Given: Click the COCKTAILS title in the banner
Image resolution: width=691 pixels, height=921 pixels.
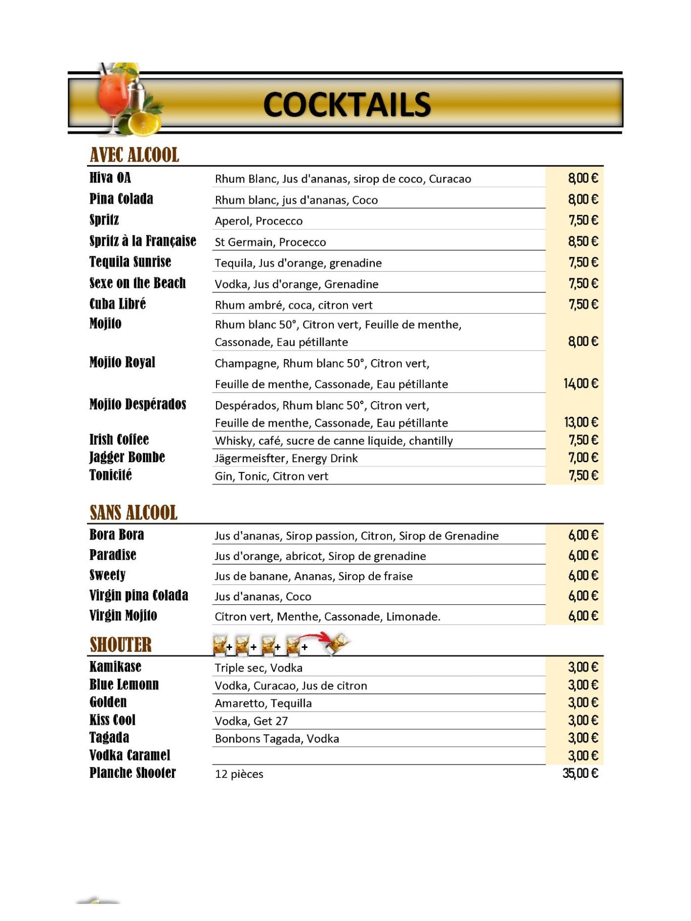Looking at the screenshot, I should click(347, 105).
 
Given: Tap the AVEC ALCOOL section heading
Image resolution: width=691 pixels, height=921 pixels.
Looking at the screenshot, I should click(134, 155).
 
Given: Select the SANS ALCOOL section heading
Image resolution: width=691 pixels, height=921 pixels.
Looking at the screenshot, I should click(134, 512).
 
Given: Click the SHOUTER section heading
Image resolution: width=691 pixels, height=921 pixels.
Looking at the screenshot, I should click(120, 645).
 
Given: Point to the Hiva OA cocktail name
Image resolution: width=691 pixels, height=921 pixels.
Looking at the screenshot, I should click(110, 178).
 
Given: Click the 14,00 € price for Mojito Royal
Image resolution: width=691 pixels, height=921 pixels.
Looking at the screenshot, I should click(581, 383).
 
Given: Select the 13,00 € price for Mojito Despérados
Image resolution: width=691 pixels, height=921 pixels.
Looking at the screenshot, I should click(581, 422).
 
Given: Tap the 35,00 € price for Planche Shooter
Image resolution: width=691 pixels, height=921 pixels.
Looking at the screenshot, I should click(580, 773).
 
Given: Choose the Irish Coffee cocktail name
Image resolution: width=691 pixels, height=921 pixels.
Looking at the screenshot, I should click(119, 440).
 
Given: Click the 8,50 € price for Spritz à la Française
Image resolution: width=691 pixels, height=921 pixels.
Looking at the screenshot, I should click(583, 241).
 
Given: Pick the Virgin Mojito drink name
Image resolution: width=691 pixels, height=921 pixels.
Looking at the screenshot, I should click(123, 616).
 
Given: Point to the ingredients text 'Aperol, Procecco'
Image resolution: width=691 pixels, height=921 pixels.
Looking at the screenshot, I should click(258, 221).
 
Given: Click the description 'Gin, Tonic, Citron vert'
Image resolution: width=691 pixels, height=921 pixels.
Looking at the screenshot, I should click(271, 476).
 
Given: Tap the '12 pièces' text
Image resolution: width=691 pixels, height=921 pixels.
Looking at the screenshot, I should click(239, 774).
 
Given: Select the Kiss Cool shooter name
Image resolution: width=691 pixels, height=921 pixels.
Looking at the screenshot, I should click(112, 720).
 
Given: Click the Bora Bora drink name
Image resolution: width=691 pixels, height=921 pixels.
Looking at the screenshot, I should click(117, 535).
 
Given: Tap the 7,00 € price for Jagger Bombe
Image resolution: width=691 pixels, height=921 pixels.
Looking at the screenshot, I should click(583, 458).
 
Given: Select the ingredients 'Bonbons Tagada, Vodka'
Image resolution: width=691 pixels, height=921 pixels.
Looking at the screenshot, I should click(277, 738).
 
